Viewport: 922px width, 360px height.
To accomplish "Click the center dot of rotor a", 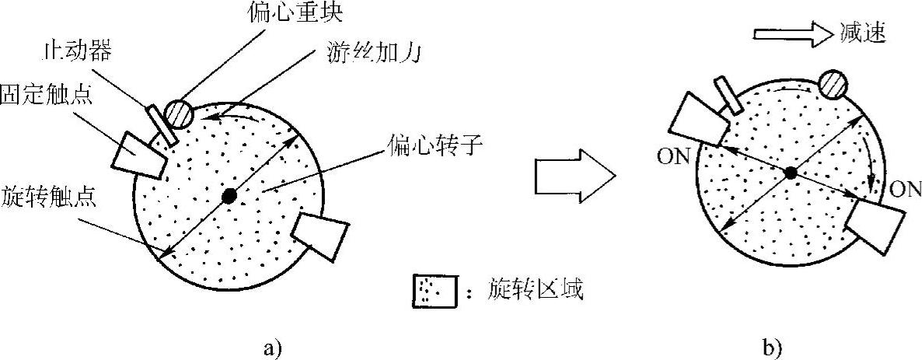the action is coord(229,196).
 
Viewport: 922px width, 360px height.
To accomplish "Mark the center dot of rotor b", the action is coord(791,173).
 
